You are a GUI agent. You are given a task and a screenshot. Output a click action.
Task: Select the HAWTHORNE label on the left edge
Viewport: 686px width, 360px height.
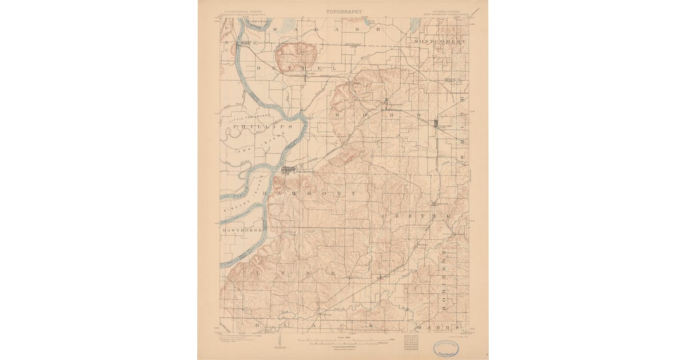click(242, 230)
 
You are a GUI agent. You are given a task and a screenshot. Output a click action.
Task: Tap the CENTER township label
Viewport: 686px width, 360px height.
click(417, 217)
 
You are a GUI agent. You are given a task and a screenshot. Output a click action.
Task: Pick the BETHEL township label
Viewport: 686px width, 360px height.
click(293, 67)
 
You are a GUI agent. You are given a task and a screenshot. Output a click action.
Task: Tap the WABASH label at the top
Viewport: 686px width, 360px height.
click(324, 28)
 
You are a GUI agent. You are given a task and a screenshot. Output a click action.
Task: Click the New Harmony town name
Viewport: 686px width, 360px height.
click(304, 170)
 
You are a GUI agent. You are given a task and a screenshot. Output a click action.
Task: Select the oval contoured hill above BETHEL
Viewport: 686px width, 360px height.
click(295, 54)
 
